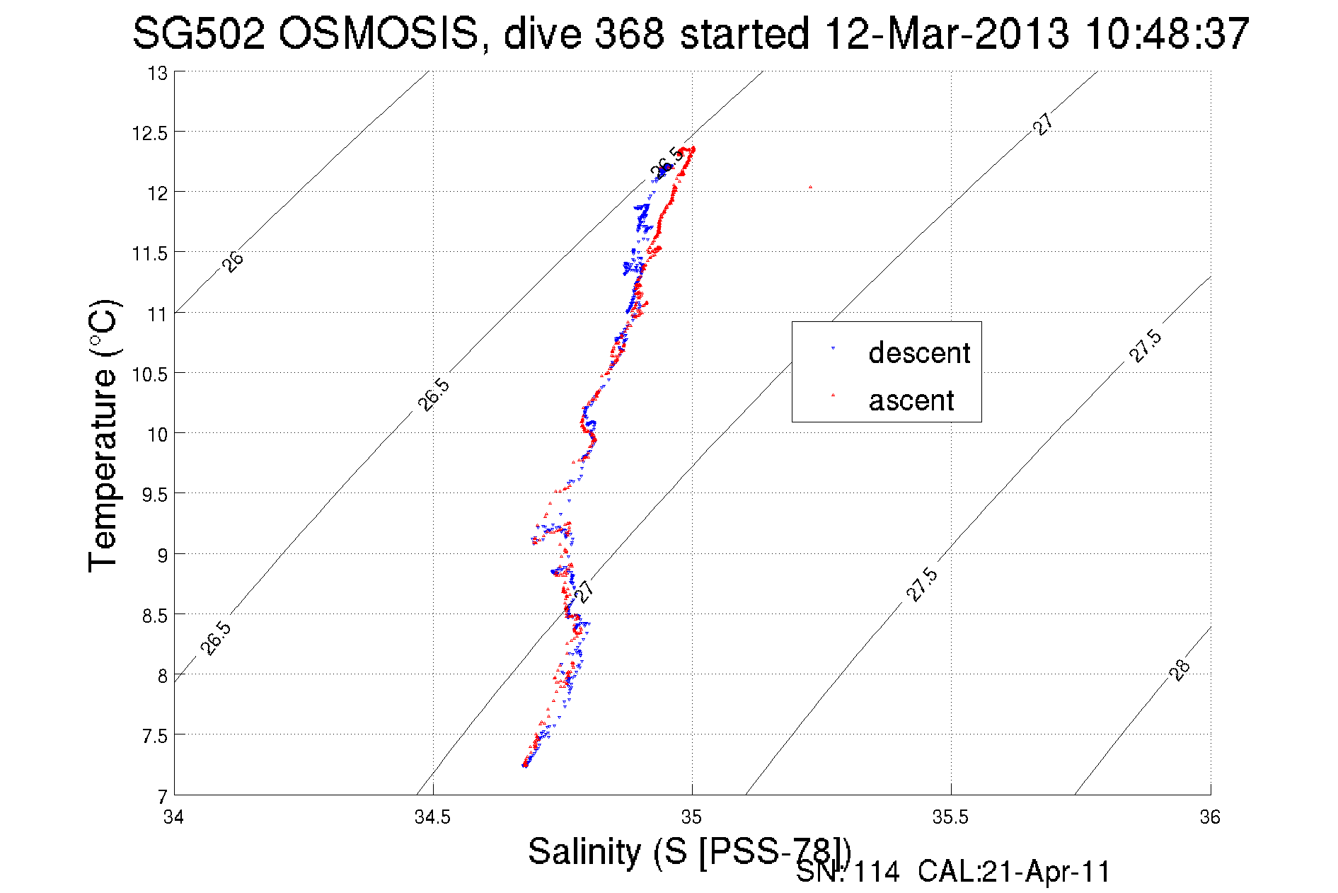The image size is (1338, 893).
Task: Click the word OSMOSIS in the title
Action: [378, 33]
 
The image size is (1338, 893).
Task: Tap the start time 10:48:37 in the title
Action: [1167, 33]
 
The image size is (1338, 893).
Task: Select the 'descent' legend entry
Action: [918, 352]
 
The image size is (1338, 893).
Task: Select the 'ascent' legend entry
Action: [911, 401]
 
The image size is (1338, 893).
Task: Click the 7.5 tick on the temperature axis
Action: [154, 737]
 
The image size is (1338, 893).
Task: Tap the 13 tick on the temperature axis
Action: [157, 73]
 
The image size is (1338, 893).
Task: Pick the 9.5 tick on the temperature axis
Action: [154, 495]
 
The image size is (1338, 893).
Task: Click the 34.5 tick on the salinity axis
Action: [432, 817]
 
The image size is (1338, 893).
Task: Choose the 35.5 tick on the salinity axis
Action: [950, 817]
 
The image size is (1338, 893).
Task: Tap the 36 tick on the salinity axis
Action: [1210, 817]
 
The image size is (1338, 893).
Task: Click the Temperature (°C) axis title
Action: [104, 437]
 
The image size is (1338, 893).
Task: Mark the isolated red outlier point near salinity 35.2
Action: [810, 188]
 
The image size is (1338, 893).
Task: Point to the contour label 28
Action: [1180, 669]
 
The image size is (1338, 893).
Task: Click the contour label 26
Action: [233, 261]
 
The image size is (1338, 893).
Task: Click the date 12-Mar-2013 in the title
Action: [947, 33]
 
